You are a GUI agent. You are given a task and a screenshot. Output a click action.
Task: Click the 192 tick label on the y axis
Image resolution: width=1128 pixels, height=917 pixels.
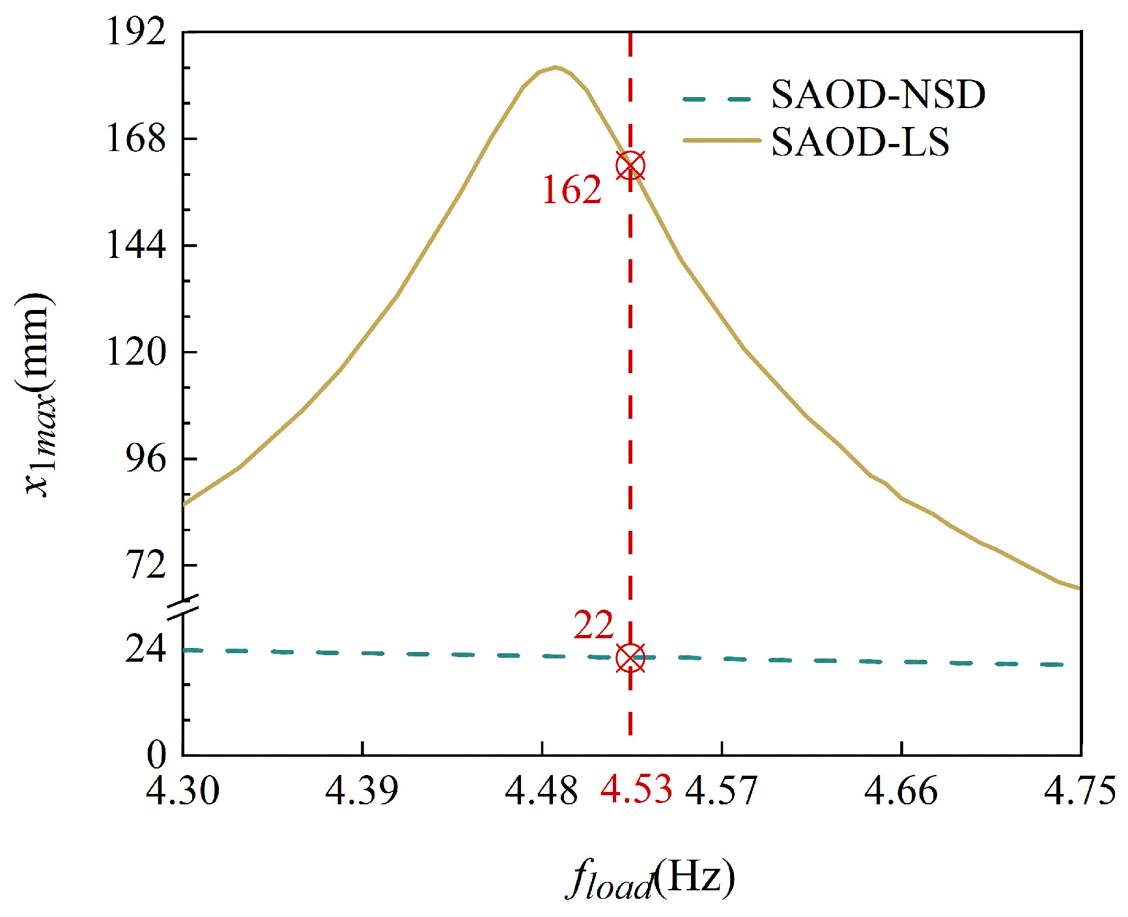coord(136,31)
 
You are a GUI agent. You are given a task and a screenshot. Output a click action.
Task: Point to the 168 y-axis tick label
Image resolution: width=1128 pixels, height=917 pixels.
coord(136,138)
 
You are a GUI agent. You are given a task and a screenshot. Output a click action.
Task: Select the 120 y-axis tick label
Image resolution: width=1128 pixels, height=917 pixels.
coord(136,352)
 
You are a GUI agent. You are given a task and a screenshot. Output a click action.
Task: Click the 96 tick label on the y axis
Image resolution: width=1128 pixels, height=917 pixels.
coord(147,458)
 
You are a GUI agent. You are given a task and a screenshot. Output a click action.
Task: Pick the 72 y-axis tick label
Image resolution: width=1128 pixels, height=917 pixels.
coord(147,565)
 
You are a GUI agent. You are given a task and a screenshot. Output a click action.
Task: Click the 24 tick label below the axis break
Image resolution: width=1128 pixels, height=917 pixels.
coord(147,649)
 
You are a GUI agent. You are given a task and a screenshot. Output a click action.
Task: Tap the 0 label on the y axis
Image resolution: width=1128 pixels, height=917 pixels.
coord(156,755)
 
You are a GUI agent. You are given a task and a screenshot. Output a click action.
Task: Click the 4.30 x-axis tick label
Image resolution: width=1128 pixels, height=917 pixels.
coord(182,790)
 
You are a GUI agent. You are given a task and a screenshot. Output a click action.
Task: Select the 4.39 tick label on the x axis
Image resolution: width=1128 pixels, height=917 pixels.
coord(361,790)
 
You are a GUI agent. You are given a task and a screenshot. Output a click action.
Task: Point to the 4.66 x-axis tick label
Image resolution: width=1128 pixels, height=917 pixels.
coord(901,790)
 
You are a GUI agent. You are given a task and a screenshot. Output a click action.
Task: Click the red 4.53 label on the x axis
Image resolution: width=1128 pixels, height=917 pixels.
coord(636,789)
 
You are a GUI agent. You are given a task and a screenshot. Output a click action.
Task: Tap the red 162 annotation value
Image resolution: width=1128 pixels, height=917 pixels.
coord(572,190)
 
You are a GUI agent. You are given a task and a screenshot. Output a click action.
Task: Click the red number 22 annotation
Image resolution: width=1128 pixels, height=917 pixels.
coord(593,625)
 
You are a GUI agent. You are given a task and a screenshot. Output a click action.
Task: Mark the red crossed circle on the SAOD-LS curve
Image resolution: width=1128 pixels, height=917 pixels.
coord(630,165)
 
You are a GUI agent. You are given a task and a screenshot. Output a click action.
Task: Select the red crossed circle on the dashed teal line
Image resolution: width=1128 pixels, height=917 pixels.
coord(630,658)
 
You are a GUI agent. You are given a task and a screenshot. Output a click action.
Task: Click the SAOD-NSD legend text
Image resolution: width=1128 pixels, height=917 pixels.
coord(878,95)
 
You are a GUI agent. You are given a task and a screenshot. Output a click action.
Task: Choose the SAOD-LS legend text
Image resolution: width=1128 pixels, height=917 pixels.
coord(860,142)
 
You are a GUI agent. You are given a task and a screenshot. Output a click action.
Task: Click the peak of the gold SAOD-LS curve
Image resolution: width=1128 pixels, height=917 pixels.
coord(555,67)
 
